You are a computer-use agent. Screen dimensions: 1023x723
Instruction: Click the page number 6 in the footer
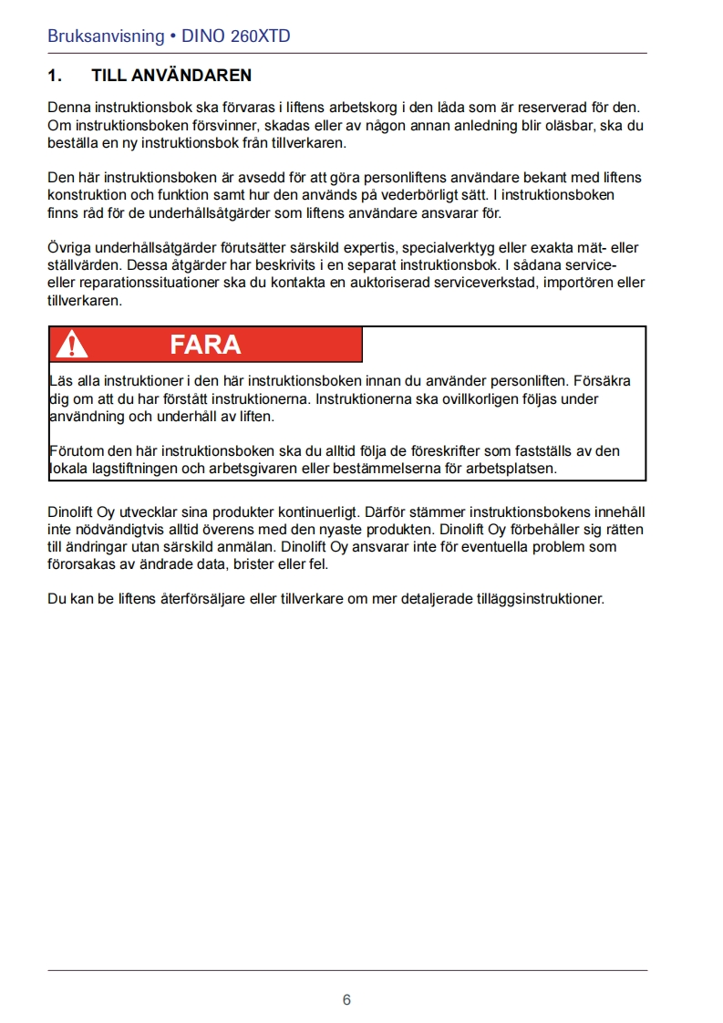point(346,999)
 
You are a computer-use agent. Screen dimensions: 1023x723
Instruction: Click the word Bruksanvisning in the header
point(105,37)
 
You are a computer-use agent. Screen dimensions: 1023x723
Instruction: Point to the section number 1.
point(54,75)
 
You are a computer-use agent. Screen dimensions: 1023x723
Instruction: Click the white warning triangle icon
point(71,345)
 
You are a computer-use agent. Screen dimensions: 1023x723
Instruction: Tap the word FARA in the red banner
point(205,345)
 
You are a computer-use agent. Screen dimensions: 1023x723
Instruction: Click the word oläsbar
point(561,125)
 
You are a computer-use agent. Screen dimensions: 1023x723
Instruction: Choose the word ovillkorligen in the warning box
point(491,398)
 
